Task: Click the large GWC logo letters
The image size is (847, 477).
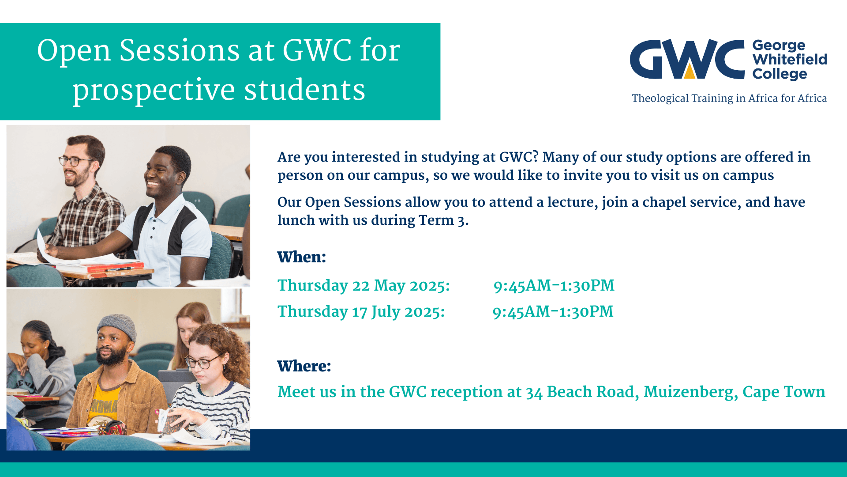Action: tap(687, 59)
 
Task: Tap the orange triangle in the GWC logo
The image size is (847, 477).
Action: tap(690, 72)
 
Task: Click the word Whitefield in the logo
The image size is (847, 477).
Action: tap(790, 59)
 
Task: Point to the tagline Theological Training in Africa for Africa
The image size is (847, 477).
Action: tap(729, 98)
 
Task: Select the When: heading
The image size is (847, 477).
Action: tap(302, 257)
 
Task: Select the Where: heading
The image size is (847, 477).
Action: tap(304, 366)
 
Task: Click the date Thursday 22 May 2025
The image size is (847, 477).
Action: tap(364, 286)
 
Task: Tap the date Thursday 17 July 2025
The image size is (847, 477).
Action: tap(361, 312)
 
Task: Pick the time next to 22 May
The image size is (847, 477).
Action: tap(554, 286)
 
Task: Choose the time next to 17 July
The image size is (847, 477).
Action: tap(553, 312)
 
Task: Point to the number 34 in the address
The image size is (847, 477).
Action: tap(534, 393)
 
